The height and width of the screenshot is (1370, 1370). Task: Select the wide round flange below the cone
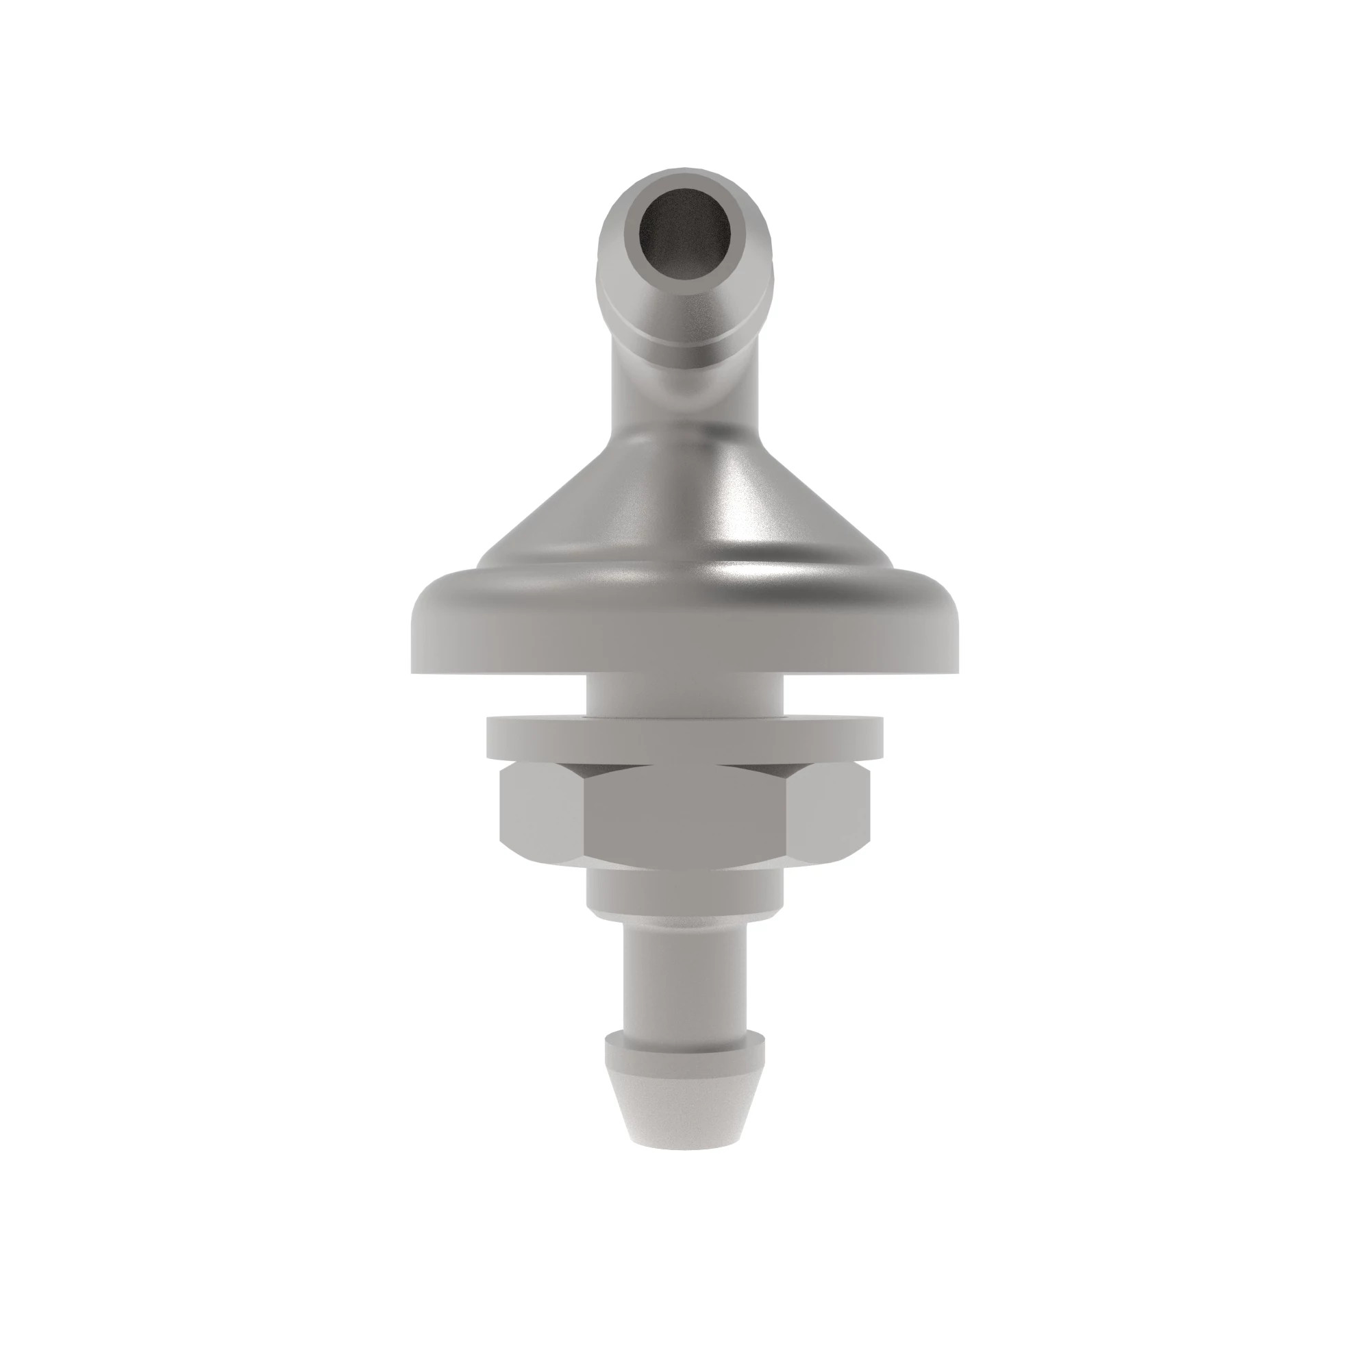pyautogui.click(x=684, y=624)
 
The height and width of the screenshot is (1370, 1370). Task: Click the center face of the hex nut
pyautogui.click(x=684, y=815)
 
